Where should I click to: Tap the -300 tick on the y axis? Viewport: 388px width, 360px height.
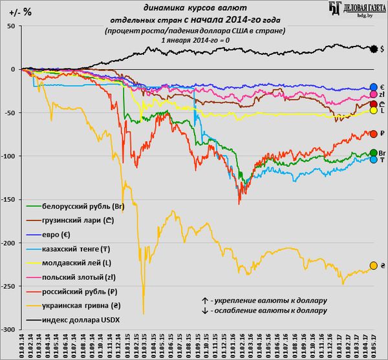pos(10,330)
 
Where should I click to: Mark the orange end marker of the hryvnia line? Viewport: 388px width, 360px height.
pos(373,266)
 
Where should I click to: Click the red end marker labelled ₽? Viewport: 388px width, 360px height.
pos(373,133)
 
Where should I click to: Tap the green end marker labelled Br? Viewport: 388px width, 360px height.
pos(373,153)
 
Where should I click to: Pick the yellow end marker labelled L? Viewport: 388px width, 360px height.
pos(373,111)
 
